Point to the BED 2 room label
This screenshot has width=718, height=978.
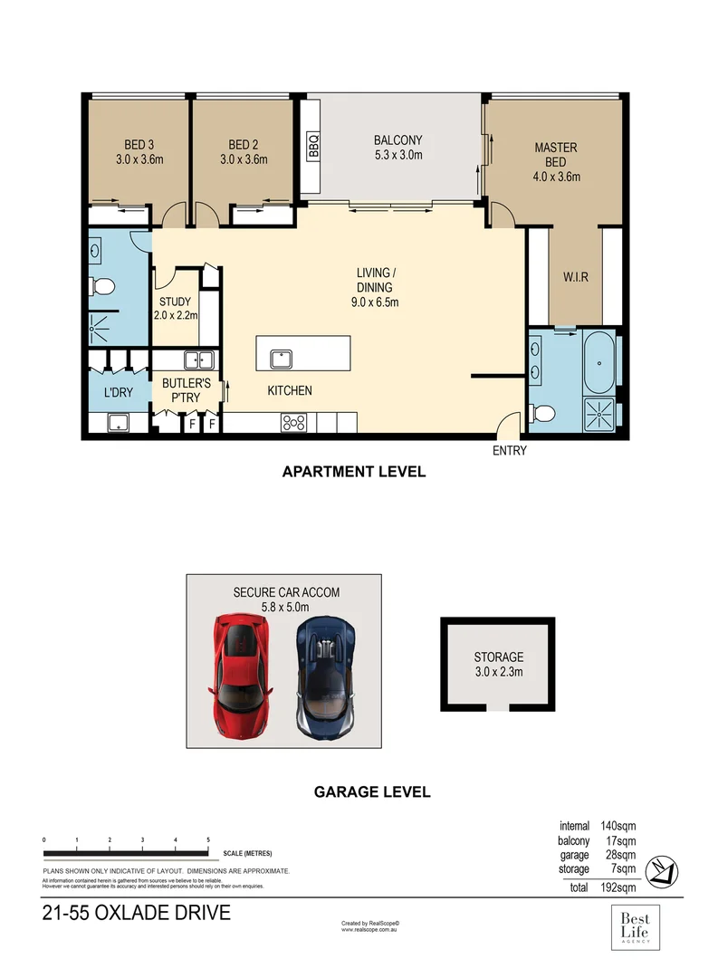(244, 152)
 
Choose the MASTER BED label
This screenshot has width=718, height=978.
(556, 162)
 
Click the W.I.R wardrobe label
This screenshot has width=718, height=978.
(575, 277)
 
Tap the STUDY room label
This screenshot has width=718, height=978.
(175, 309)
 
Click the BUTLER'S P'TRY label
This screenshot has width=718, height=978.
(186, 390)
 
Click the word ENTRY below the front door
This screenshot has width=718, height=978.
(509, 450)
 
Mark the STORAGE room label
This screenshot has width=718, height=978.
(498, 664)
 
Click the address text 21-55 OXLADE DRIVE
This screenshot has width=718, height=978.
(136, 913)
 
